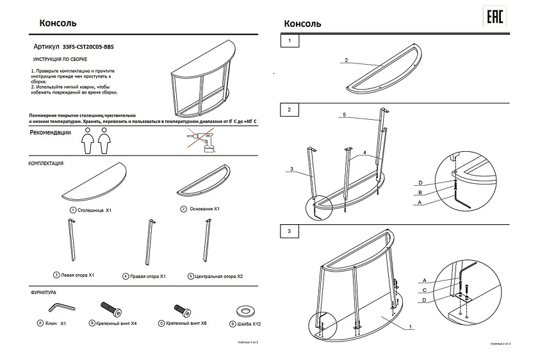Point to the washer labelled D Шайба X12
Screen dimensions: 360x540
(245, 311)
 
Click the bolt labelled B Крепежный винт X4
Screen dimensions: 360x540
(111, 310)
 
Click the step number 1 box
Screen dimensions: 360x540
(290, 42)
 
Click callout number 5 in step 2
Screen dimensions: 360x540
(343, 115)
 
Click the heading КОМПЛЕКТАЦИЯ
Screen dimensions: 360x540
(46, 163)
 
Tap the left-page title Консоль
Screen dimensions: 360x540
(59, 23)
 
